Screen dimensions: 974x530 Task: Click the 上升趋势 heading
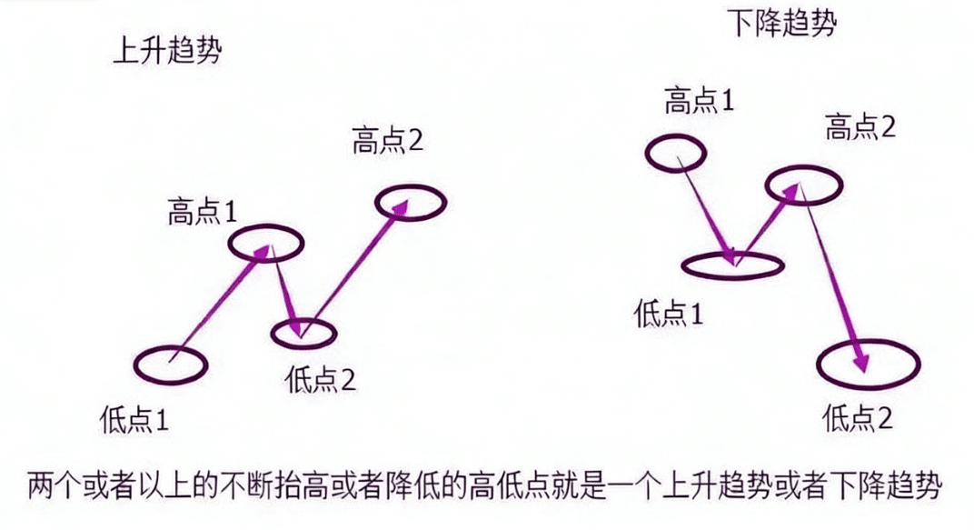167,51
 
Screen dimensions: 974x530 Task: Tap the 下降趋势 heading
782,25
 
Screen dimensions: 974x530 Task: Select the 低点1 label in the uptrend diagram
135,420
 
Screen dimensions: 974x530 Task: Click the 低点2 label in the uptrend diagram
320,379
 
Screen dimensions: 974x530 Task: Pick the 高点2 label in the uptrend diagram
388,141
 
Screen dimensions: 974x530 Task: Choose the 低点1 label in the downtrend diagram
668,315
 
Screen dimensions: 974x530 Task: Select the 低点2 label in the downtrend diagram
858,418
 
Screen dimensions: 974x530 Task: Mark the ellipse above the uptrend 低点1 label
171,365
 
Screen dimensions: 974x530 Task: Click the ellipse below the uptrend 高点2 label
411,202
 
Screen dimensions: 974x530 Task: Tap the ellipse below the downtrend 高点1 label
676,153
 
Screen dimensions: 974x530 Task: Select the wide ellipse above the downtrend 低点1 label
731,265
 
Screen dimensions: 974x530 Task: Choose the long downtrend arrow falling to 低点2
831,277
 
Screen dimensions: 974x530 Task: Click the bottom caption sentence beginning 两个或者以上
487,483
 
